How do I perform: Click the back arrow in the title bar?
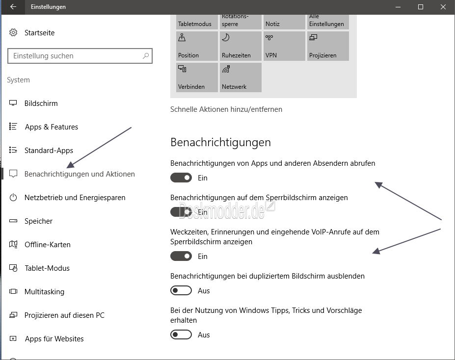pos(13,7)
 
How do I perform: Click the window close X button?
pos(443,7)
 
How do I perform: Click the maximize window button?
pos(421,7)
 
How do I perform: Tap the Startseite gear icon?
pos(13,33)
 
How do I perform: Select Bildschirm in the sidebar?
pos(41,103)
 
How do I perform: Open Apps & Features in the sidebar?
pos(51,127)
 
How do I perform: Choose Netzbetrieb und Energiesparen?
pos(75,198)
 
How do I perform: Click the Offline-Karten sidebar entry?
pos(47,245)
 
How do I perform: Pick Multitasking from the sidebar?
pos(44,292)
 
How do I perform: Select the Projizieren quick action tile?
pos(328,46)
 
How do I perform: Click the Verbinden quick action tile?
pos(197,77)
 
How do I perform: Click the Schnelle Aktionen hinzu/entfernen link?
pos(226,109)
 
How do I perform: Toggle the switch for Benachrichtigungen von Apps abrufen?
pos(181,178)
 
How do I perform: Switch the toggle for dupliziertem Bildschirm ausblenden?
pos(181,291)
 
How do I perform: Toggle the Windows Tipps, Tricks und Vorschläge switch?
pos(181,335)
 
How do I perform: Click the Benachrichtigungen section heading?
pos(220,142)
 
